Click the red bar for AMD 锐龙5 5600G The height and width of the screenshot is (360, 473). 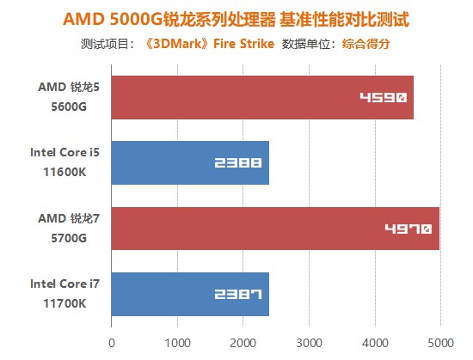tap(262, 97)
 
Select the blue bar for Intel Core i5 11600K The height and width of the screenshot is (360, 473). tap(190, 162)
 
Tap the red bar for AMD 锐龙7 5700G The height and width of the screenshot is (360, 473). tap(275, 229)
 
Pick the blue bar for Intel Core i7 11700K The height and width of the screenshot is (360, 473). tap(190, 294)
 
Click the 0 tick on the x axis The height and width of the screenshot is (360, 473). tap(112, 342)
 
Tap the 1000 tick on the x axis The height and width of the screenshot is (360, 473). tap(177, 342)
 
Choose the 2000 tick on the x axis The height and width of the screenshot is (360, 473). tap(243, 342)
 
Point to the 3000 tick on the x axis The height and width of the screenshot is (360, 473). tap(309, 342)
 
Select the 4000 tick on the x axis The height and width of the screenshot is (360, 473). tap(374, 342)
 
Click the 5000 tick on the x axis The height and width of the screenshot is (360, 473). tap(439, 342)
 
